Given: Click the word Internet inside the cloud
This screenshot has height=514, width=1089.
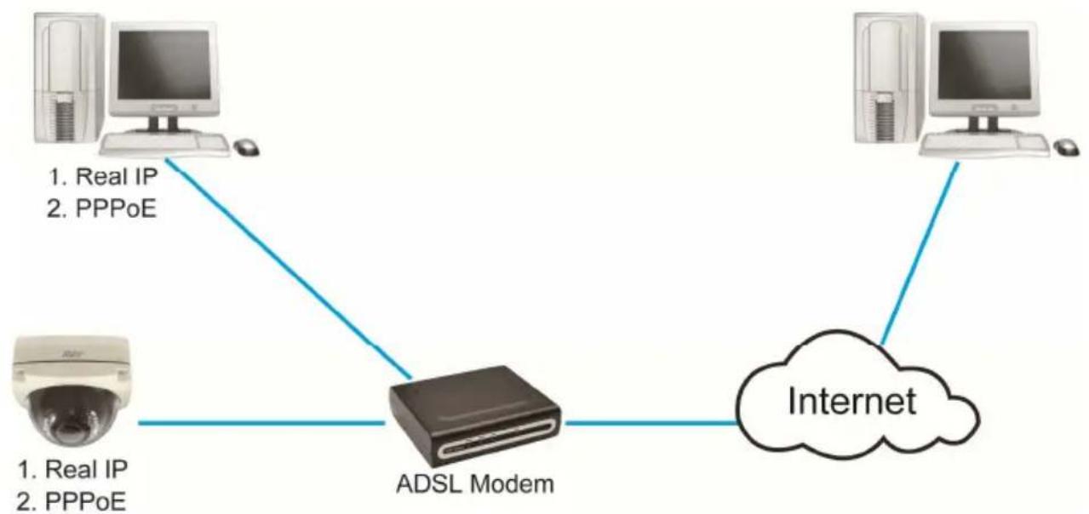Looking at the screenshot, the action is tap(851, 402).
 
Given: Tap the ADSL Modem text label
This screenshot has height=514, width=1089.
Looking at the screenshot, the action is tap(475, 484).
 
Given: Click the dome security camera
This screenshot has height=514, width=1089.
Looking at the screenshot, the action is tap(72, 390).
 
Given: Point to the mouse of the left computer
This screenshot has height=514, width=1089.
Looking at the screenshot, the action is tap(246, 147).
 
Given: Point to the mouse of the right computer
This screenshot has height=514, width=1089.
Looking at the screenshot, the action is tap(1067, 148).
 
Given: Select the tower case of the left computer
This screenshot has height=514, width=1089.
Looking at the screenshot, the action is tap(69, 78).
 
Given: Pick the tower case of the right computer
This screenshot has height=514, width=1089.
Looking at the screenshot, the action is tap(890, 78).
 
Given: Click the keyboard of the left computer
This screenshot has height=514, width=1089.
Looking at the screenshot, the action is tap(164, 145).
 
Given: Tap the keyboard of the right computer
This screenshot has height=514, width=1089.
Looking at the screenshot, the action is tap(984, 145).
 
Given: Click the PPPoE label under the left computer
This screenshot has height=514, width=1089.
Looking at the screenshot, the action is tap(101, 208).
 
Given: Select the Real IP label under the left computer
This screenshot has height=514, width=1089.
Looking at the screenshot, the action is tap(103, 176).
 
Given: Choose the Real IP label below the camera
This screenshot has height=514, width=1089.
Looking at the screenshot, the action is tap(72, 469).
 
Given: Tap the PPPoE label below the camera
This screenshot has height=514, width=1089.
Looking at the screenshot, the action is tap(72, 501).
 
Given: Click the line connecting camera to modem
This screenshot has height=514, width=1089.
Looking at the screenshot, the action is tap(261, 423).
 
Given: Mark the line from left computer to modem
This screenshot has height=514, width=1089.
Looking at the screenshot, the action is tap(289, 268).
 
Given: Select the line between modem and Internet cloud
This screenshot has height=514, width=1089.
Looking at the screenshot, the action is tap(651, 423).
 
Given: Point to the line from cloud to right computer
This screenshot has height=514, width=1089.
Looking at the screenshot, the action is tap(920, 254).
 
